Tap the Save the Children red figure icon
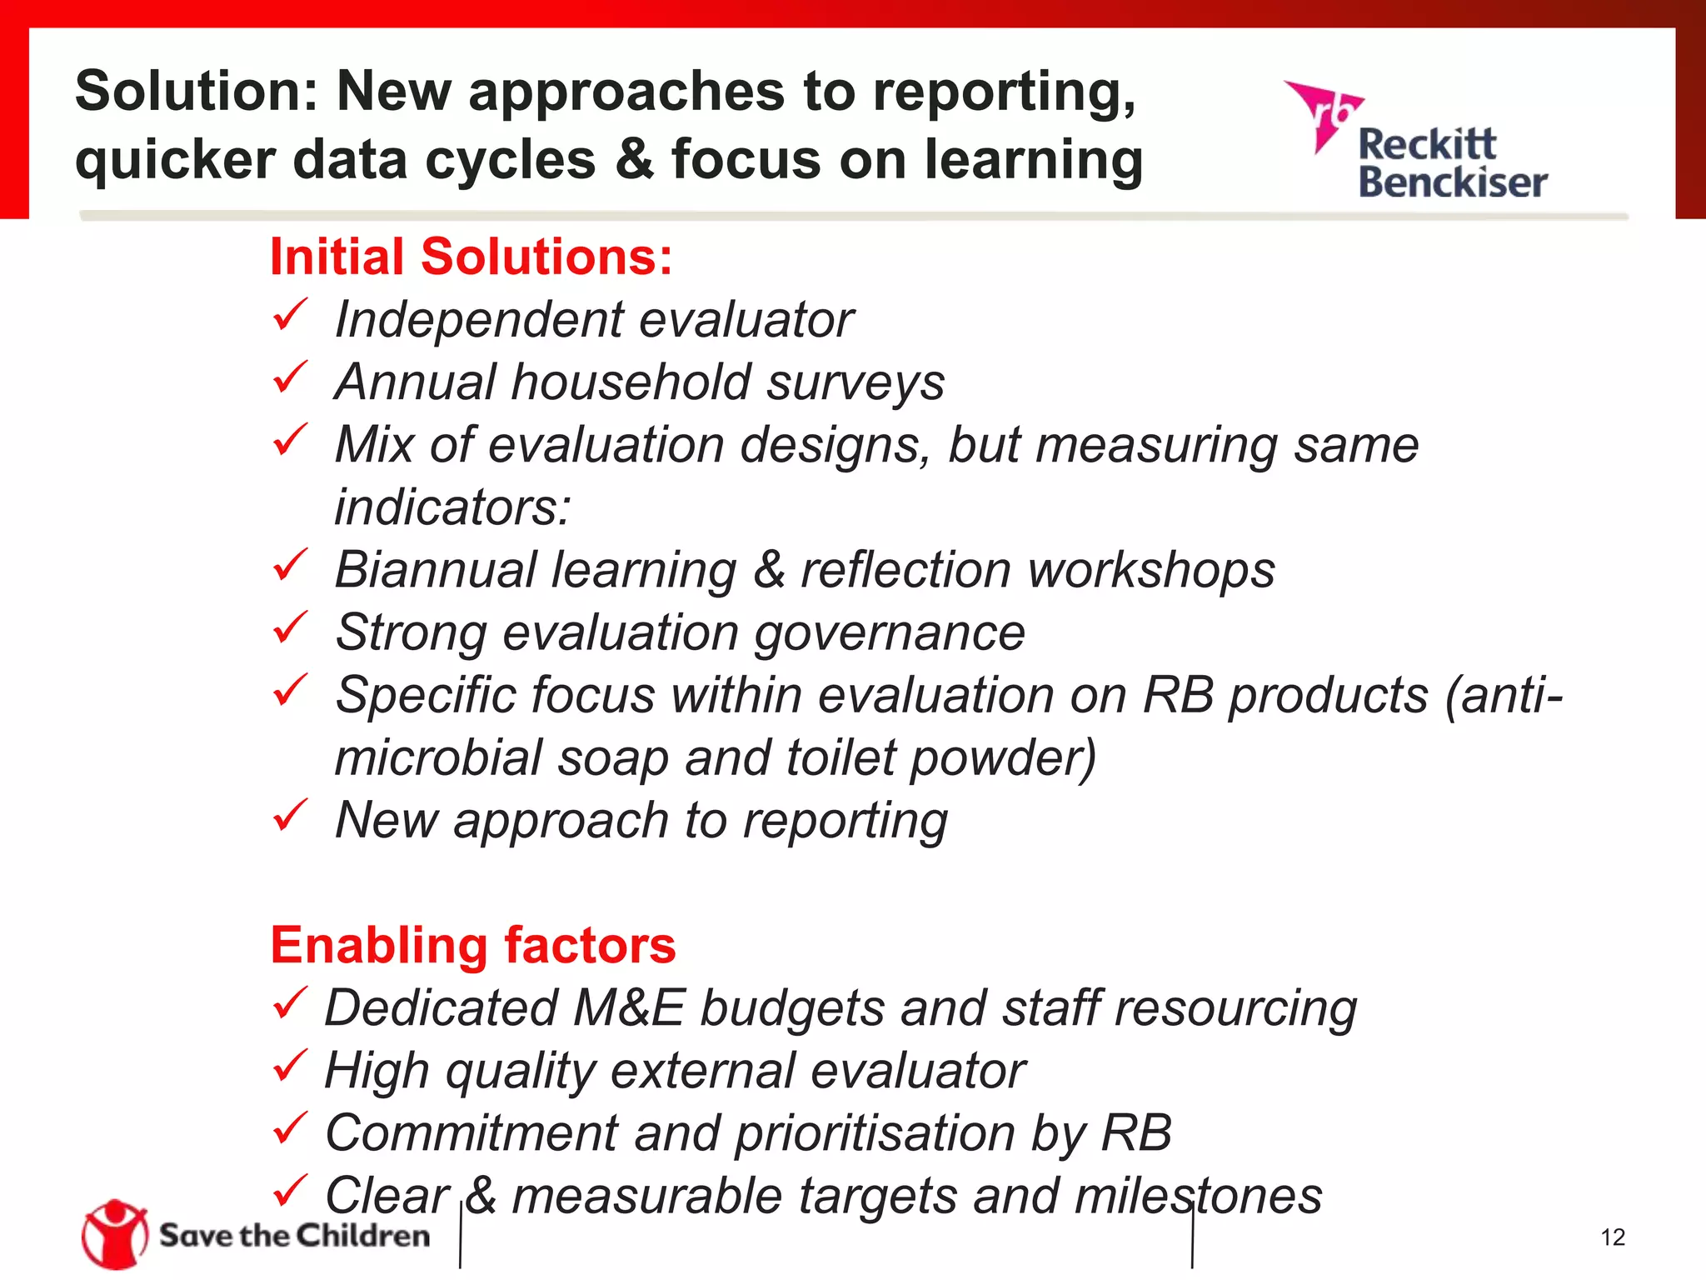[x=114, y=1234]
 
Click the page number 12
[x=1613, y=1237]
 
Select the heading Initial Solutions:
[x=471, y=257]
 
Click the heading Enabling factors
[x=473, y=945]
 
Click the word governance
[x=889, y=633]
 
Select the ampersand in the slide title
[x=635, y=159]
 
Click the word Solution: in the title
[x=197, y=91]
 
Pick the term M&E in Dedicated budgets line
[x=629, y=1007]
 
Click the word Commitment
[x=471, y=1132]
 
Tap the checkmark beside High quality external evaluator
[x=290, y=1066]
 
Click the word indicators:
[x=452, y=507]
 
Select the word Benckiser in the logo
[x=1452, y=183]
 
